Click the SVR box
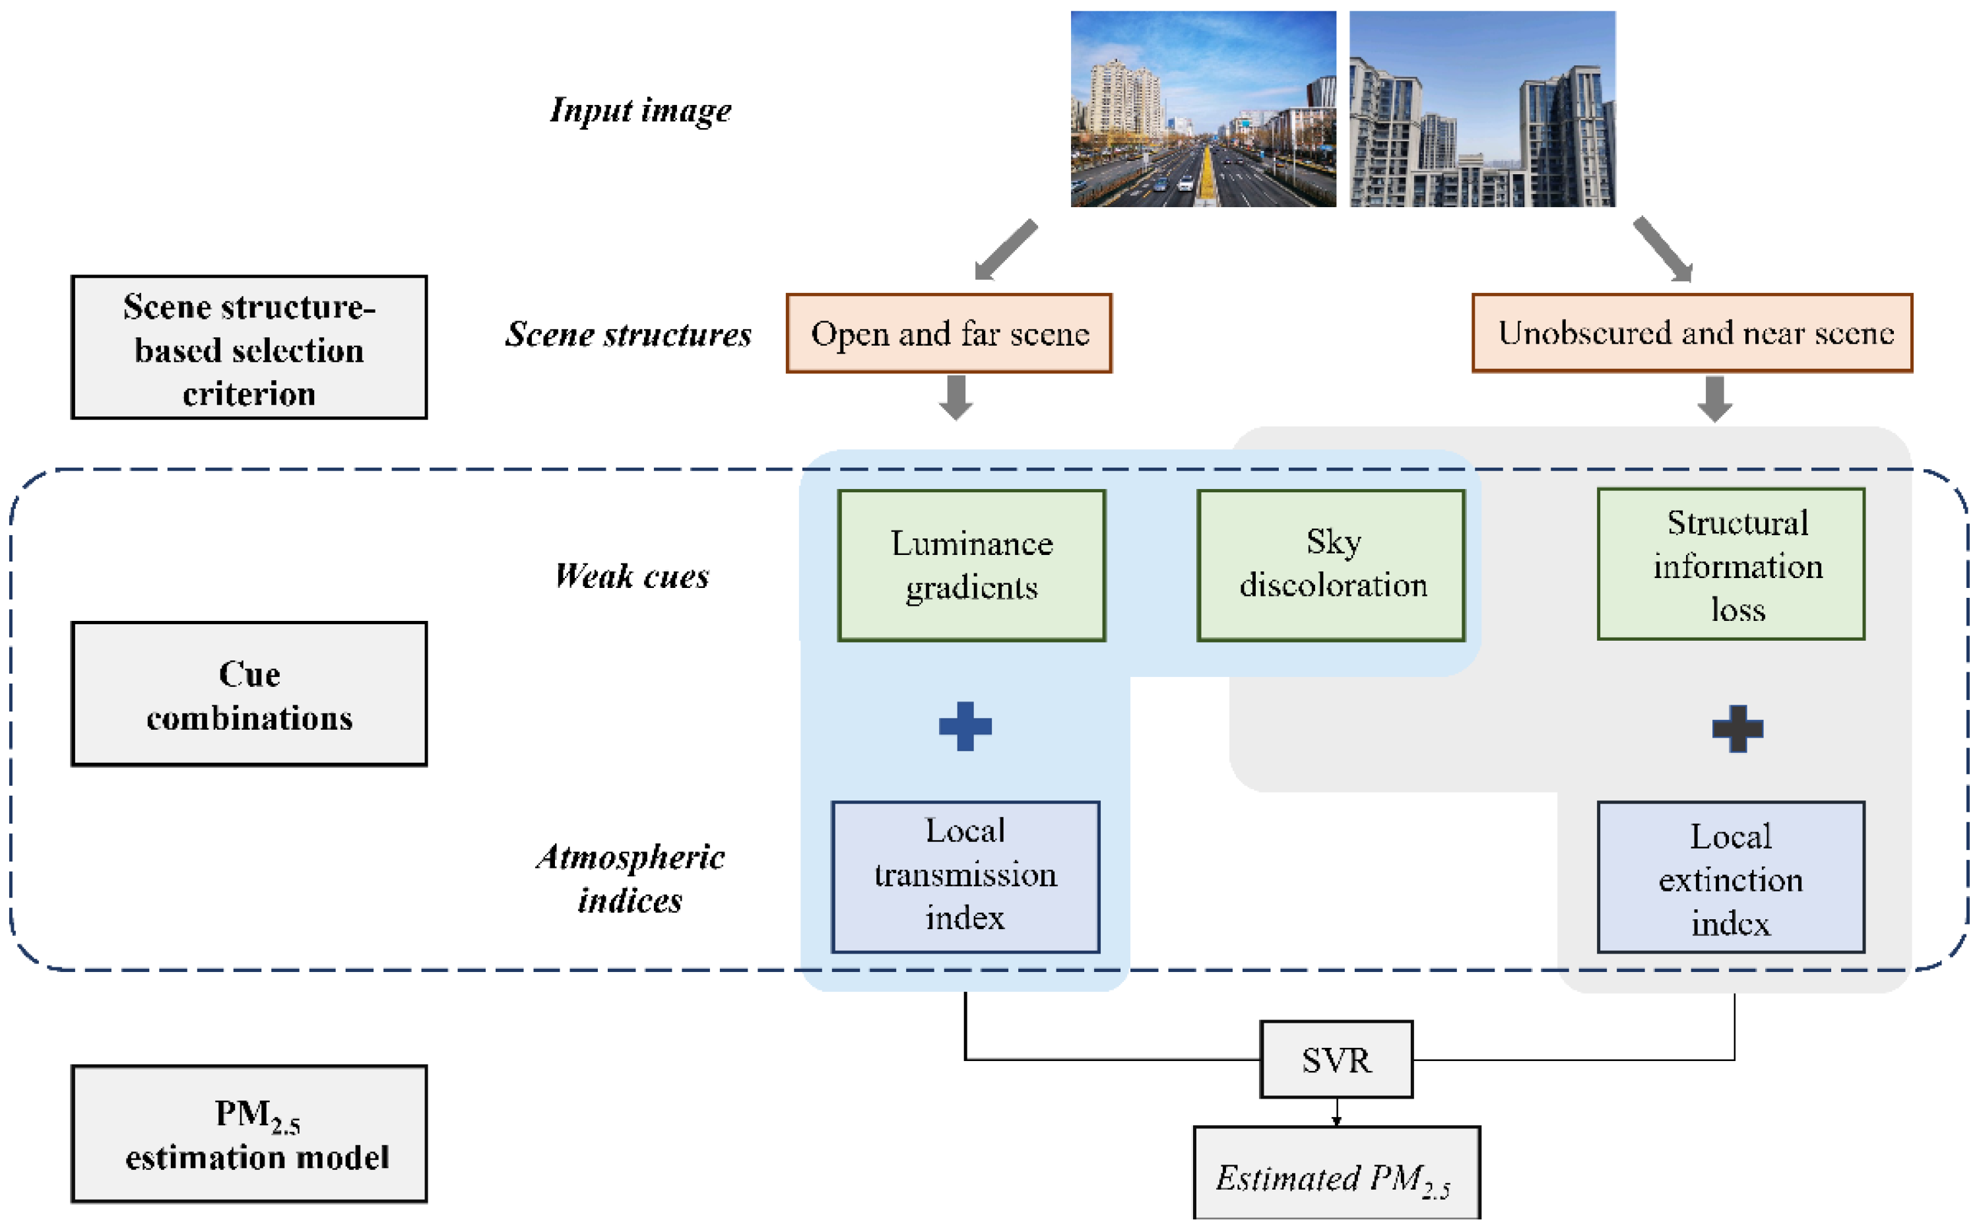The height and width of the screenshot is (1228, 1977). point(1336,1059)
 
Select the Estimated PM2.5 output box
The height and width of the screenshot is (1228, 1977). point(1336,1173)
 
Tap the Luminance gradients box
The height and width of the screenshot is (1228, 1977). point(971,566)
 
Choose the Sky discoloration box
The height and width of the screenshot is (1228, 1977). point(1331,566)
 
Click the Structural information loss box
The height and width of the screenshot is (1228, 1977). point(1731,564)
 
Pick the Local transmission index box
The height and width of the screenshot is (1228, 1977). point(966,876)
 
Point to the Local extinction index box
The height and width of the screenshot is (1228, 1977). point(1731,876)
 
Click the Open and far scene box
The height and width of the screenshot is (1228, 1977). point(949,333)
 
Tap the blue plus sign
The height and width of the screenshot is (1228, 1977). point(965,726)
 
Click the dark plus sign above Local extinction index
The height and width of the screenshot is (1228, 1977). point(1737,728)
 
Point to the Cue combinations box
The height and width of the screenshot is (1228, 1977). point(249,694)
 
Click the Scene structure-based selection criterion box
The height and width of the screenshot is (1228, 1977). point(249,347)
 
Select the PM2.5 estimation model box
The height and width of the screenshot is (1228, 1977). point(249,1134)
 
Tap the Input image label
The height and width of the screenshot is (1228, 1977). point(640,110)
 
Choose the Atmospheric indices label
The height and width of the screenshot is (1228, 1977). point(630,878)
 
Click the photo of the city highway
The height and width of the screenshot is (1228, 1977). point(1203,109)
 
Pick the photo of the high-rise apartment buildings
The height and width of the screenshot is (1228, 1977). point(1482,109)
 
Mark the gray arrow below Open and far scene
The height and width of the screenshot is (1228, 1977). point(956,397)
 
